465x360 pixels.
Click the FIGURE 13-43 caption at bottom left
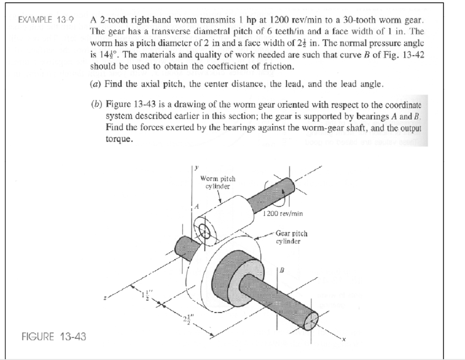coord(54,336)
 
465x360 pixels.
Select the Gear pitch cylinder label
coord(291,237)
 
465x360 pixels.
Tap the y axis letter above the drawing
coord(197,168)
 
